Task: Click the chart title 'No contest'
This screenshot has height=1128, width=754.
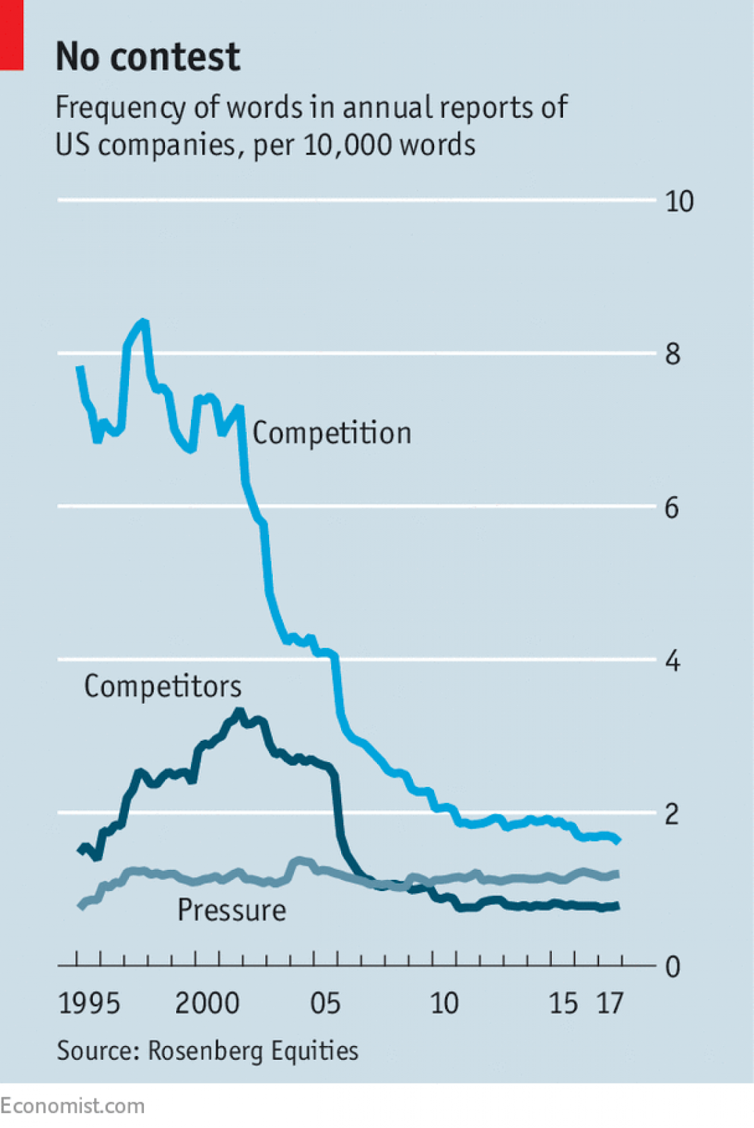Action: tap(148, 56)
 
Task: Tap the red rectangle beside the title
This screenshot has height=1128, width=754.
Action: tap(11, 35)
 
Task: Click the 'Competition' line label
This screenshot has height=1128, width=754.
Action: tap(332, 433)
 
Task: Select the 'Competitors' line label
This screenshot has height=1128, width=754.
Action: tap(163, 686)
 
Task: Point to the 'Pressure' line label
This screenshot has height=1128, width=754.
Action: tap(232, 910)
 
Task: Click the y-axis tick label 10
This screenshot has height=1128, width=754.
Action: tap(679, 202)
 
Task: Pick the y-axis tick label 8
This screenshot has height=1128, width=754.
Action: tap(672, 354)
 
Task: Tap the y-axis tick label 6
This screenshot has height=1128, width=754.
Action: tap(672, 508)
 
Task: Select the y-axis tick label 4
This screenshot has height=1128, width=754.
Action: tap(672, 661)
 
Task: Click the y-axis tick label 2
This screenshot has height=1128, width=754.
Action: tap(672, 814)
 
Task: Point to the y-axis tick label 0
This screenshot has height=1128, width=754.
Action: tap(672, 967)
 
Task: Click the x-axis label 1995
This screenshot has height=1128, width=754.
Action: tap(89, 1003)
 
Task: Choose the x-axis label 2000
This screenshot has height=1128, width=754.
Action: tap(207, 1003)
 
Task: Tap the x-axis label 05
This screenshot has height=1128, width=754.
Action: tap(326, 1003)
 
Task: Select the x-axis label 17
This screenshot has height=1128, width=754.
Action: tap(610, 1003)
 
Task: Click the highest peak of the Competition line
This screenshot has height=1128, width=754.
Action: tap(144, 322)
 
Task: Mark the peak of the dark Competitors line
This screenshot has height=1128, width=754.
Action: tap(240, 712)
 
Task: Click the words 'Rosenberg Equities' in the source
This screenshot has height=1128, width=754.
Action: tap(253, 1051)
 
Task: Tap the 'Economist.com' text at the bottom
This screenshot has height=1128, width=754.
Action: tap(72, 1105)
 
